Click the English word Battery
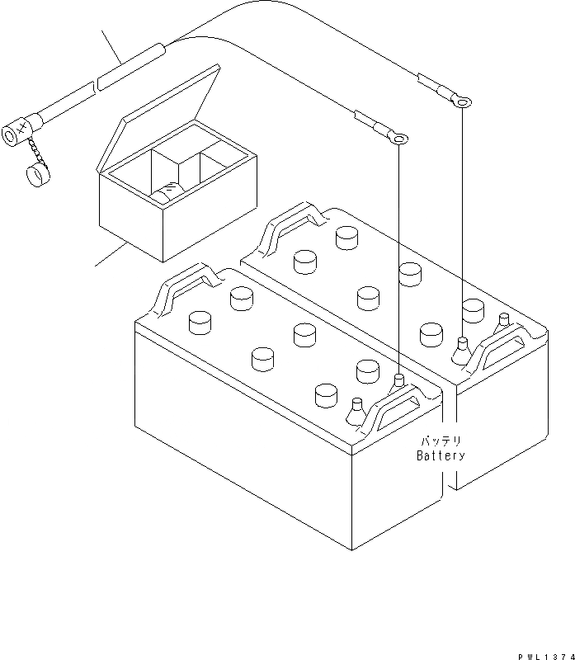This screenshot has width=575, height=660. [x=441, y=455]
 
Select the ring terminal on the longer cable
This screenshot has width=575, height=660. [x=464, y=102]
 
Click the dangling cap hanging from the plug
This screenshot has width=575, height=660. [x=35, y=175]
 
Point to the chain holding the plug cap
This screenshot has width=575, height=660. [x=35, y=151]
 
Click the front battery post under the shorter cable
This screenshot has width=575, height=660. [x=398, y=380]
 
